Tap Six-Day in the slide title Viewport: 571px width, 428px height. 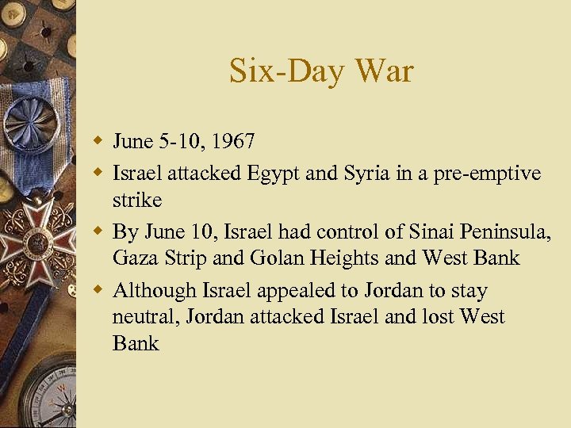tap(288, 71)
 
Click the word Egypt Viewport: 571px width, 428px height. tap(271, 173)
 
